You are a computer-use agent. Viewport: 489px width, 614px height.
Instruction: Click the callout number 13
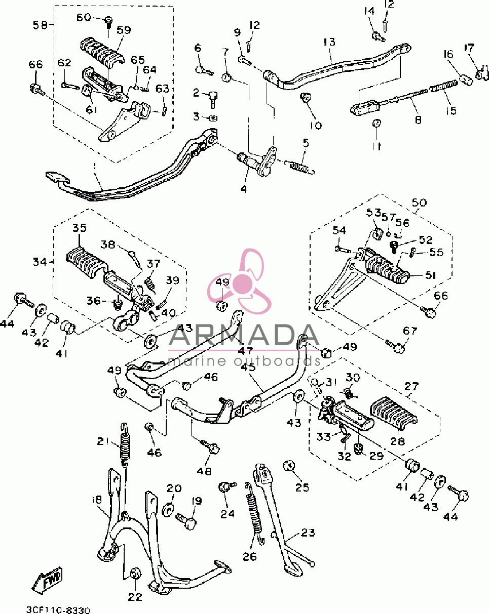pyautogui.click(x=329, y=42)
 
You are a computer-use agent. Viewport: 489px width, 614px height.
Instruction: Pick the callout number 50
pyautogui.click(x=419, y=203)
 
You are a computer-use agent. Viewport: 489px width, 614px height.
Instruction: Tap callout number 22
pyautogui.click(x=135, y=597)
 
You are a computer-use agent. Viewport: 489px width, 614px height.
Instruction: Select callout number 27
pyautogui.click(x=411, y=386)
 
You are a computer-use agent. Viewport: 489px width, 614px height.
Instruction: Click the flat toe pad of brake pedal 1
pyautogui.click(x=57, y=177)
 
